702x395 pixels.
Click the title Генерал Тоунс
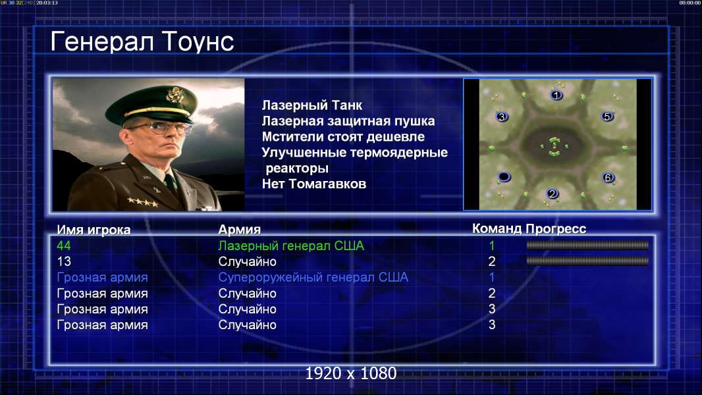coord(142,41)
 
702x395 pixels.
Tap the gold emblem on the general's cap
coord(174,94)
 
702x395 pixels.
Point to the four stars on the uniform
coord(143,201)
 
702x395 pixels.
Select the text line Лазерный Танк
coord(312,105)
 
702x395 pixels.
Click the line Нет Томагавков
coord(314,184)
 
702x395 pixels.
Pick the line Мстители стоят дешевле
coord(343,137)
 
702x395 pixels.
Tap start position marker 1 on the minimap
coord(556,95)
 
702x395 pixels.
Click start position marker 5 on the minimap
coord(607,117)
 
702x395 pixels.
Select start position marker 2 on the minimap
coord(553,194)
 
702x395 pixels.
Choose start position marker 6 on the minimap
coord(608,178)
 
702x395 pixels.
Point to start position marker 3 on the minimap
coord(502,117)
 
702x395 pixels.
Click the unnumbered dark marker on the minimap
coord(504,176)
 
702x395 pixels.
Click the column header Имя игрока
coord(94,230)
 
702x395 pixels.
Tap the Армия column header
coord(240,230)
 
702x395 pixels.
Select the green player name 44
coord(64,246)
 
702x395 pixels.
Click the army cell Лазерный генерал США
coord(291,246)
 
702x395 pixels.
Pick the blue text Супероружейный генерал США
coord(313,277)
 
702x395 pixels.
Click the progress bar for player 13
coord(587,261)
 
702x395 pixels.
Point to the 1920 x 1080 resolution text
coord(351,373)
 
